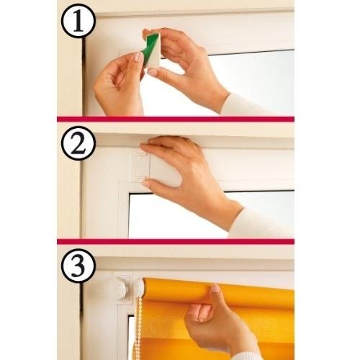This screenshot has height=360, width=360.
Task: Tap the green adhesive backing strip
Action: click(x=151, y=50)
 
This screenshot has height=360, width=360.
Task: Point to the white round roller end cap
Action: click(x=117, y=290)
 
